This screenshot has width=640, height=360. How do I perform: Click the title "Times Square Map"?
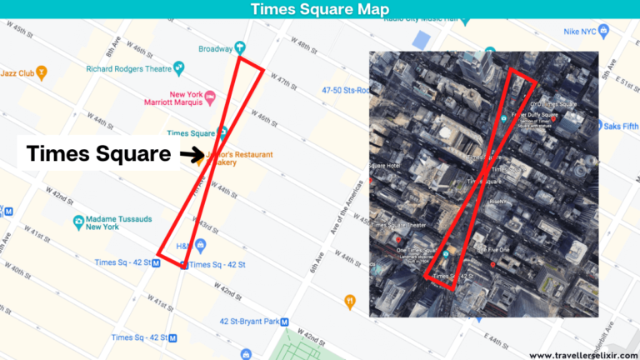[x=319, y=9]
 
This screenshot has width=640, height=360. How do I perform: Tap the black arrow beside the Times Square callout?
[x=193, y=154]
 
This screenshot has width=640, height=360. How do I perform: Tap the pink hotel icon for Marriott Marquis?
[x=210, y=98]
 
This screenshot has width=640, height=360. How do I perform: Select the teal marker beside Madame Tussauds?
[x=78, y=222]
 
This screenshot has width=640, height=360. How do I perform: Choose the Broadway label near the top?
[x=215, y=48]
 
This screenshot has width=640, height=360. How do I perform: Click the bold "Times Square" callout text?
[x=98, y=154]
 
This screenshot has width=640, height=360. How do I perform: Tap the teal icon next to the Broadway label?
[x=240, y=47]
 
